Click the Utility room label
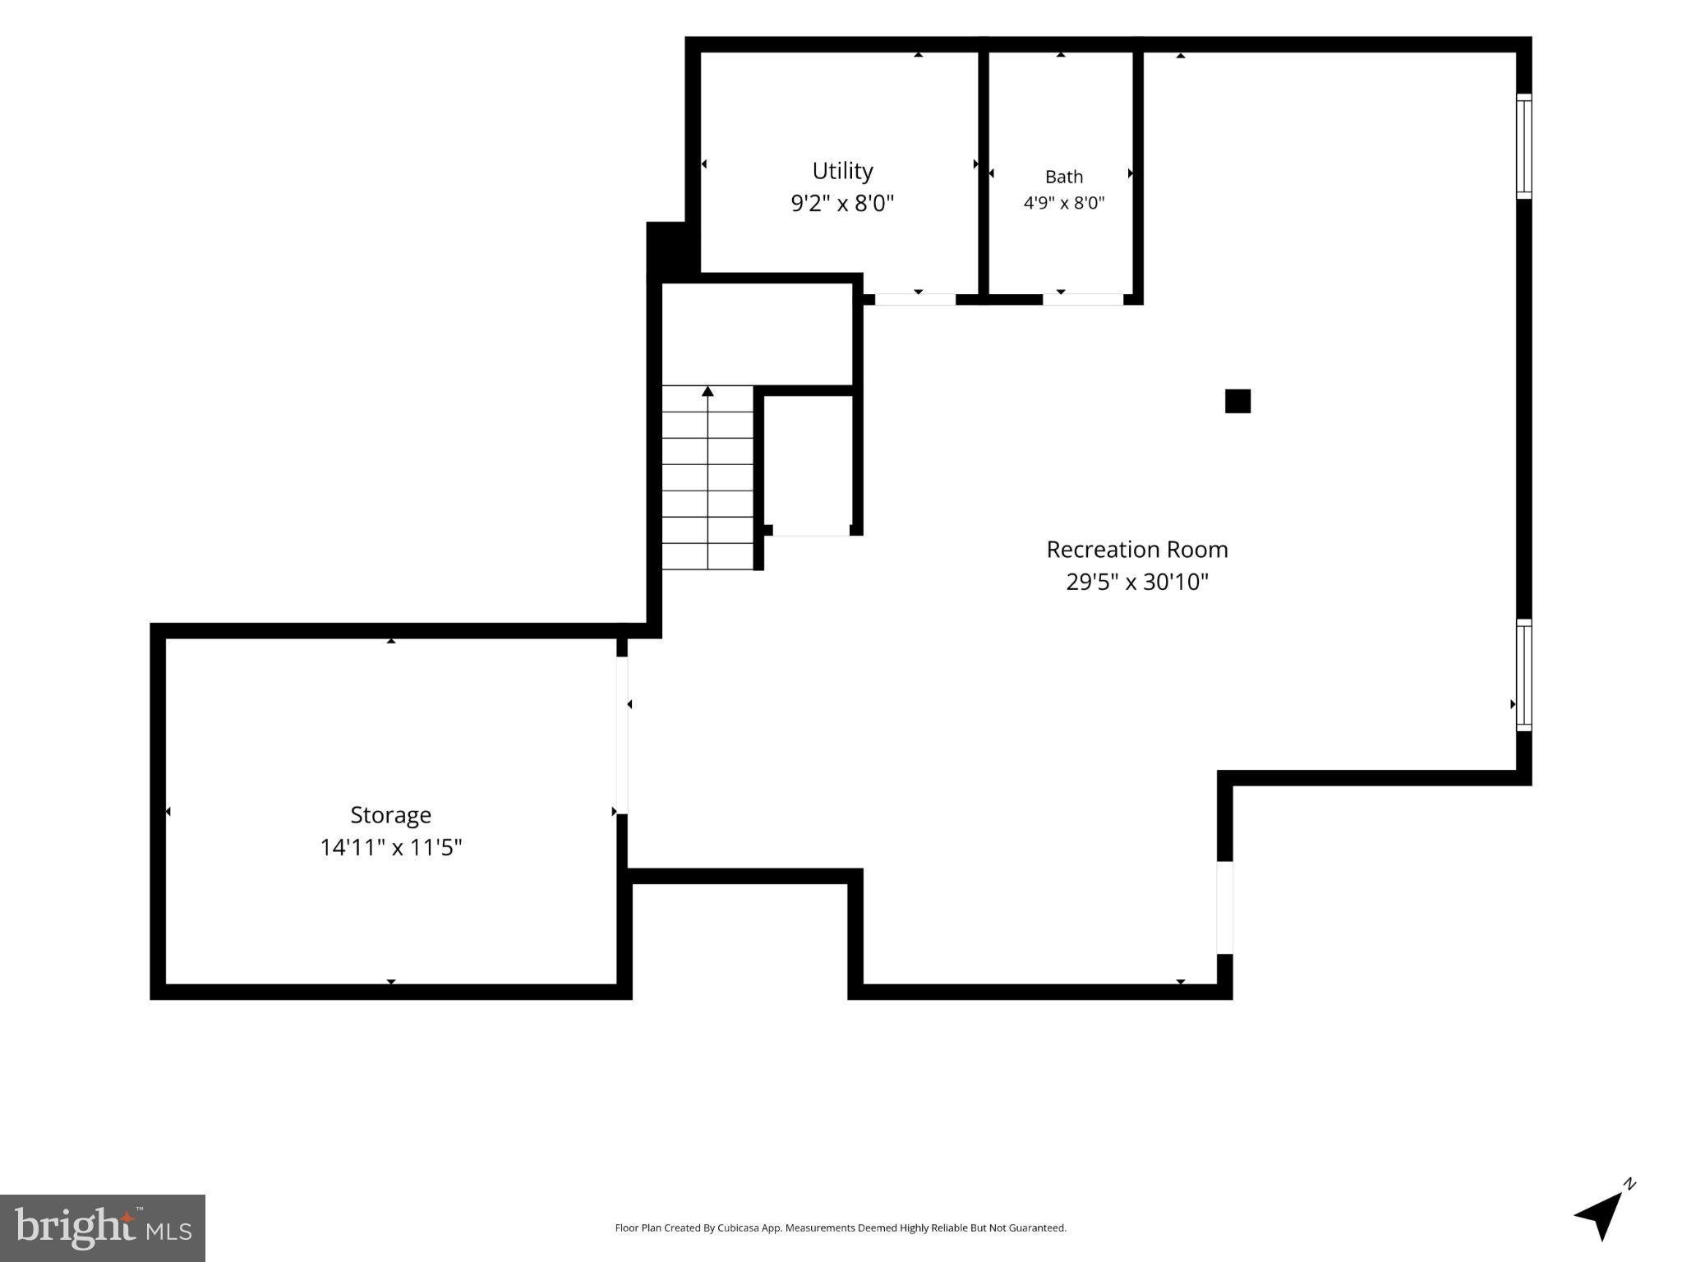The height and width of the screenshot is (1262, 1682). tap(842, 171)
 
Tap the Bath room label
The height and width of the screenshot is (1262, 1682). tap(1063, 177)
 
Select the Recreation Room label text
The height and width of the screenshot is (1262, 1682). tap(1137, 550)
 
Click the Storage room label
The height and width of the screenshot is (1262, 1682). tap(390, 815)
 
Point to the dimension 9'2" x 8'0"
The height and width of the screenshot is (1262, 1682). tap(842, 203)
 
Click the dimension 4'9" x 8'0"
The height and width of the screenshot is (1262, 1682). tap(1063, 203)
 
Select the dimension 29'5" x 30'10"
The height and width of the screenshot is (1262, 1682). tap(1137, 583)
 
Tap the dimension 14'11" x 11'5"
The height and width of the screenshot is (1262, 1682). tap(390, 847)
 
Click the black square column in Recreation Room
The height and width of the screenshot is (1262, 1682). tap(1237, 401)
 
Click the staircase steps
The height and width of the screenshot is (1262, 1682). tap(707, 477)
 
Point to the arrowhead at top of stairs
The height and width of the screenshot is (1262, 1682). tap(707, 391)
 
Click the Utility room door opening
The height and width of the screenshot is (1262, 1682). tap(915, 299)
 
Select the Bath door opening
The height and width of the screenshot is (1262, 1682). tap(1083, 299)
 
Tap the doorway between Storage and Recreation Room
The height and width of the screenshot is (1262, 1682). tap(622, 735)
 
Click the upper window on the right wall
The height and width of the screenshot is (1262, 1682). tap(1523, 146)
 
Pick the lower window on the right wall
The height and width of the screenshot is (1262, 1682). tap(1523, 675)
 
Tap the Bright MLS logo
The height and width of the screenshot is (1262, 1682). tap(103, 1227)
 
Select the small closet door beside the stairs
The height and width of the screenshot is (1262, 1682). tap(811, 531)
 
